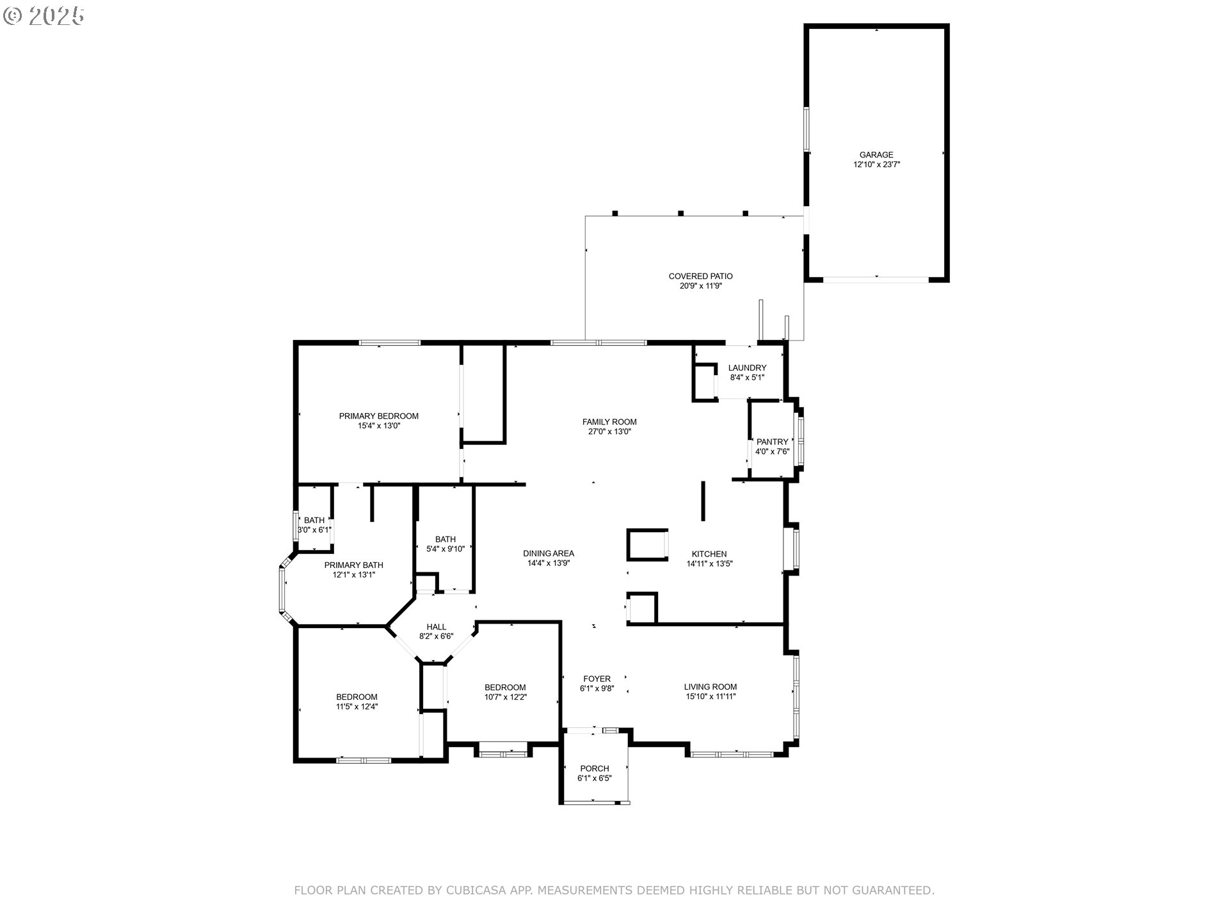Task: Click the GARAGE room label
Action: (x=876, y=155)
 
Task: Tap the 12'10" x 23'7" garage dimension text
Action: (x=876, y=165)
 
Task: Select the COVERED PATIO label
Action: (x=701, y=277)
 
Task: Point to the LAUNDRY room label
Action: (x=747, y=368)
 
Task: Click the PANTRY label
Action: (x=773, y=442)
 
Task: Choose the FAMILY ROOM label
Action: (x=609, y=422)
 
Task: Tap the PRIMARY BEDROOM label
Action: (x=379, y=416)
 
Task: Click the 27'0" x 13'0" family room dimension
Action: (x=609, y=432)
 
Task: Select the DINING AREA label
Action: (x=549, y=554)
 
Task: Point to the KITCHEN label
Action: (x=709, y=554)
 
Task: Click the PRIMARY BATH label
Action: (x=354, y=565)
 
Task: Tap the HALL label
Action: (x=437, y=627)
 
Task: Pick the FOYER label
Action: (x=597, y=679)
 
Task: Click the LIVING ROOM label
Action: (x=711, y=687)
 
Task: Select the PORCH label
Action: (x=595, y=769)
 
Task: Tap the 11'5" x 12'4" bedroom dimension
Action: (x=357, y=707)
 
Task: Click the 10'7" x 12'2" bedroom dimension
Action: (x=506, y=697)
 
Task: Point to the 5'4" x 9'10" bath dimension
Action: (x=446, y=549)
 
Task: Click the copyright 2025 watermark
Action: (x=44, y=16)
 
